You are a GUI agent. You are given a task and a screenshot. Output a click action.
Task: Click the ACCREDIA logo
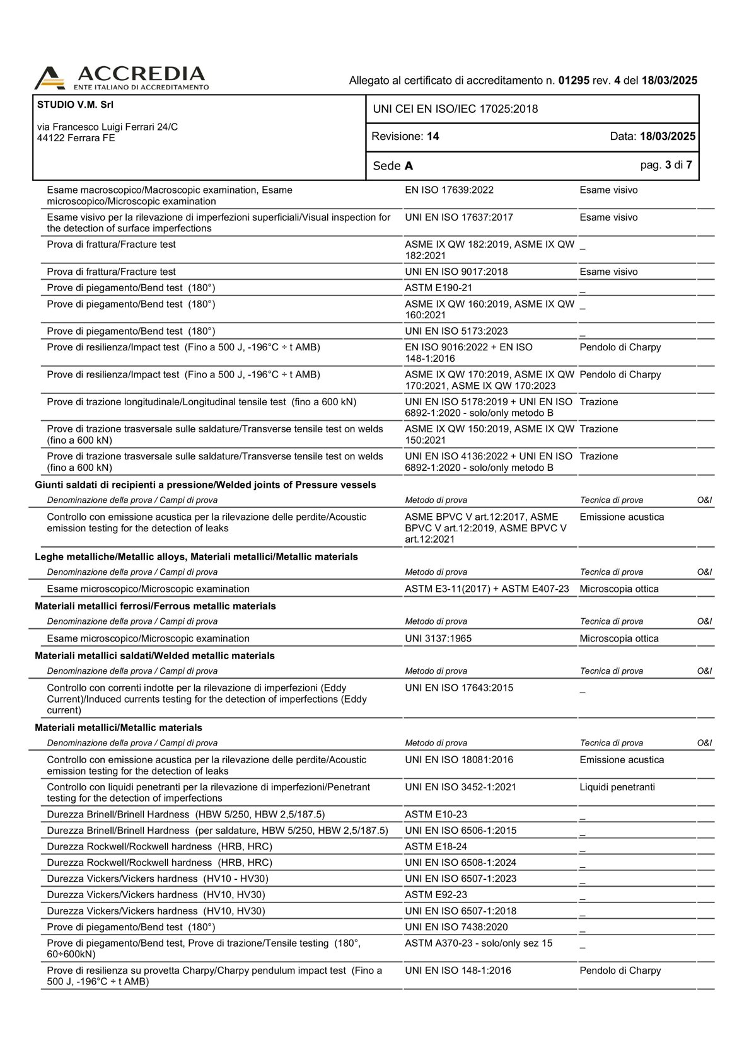pyautogui.click(x=121, y=78)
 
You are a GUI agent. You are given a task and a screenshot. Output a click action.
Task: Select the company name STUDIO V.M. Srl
pyautogui.click(x=75, y=105)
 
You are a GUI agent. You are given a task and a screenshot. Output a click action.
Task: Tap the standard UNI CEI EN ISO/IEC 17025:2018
pyautogui.click(x=455, y=109)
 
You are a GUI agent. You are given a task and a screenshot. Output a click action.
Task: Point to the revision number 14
pyautogui.click(x=432, y=136)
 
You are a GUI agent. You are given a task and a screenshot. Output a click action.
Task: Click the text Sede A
pyautogui.click(x=393, y=166)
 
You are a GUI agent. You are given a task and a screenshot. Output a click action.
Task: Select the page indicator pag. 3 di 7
pyautogui.click(x=666, y=165)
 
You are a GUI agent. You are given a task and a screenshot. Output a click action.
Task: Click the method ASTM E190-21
pyautogui.click(x=438, y=288)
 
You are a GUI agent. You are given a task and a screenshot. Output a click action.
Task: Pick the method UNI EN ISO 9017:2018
pyautogui.click(x=456, y=272)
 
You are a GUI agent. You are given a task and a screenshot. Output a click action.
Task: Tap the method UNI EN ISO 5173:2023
pyautogui.click(x=456, y=331)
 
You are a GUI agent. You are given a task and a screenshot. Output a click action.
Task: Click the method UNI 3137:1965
pyautogui.click(x=438, y=638)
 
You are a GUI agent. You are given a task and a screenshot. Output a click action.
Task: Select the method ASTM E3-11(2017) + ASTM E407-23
pyautogui.click(x=487, y=589)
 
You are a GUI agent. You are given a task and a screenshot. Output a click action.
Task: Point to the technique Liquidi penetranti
pyautogui.click(x=617, y=787)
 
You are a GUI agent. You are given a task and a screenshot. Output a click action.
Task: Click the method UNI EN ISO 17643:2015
pyautogui.click(x=459, y=688)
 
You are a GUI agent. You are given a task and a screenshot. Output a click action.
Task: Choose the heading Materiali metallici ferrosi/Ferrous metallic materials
pyautogui.click(x=155, y=606)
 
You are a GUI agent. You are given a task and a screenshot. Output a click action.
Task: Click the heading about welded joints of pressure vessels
pyautogui.click(x=205, y=485)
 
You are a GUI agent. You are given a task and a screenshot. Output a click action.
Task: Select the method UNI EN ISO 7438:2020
pyautogui.click(x=456, y=927)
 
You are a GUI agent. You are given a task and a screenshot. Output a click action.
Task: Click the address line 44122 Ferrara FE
pyautogui.click(x=76, y=138)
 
